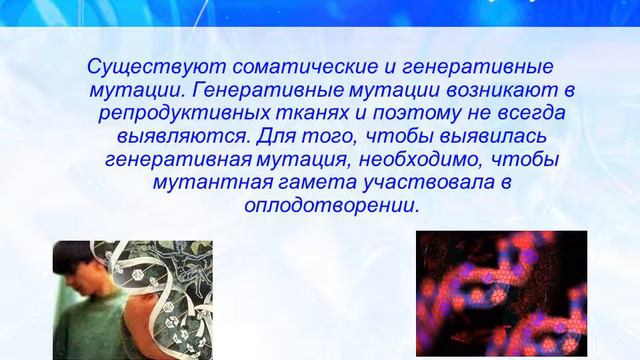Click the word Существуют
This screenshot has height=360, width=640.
coord(144,68)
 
